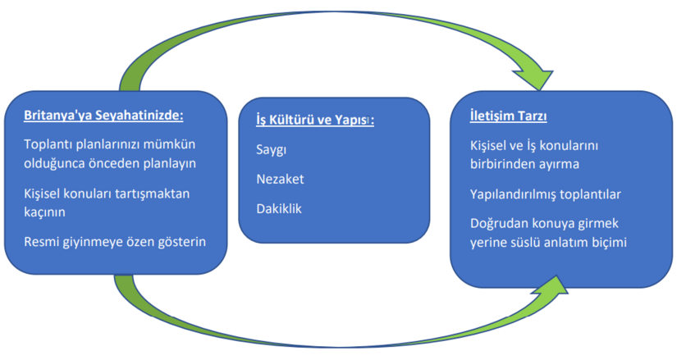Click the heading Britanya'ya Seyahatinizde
(103, 116)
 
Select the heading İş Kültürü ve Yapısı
(315, 120)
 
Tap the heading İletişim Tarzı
(509, 116)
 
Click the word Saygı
(272, 149)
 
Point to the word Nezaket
(280, 179)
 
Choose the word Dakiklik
(279, 208)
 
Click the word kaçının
(44, 212)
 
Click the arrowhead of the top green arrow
(535, 79)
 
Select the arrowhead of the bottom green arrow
(549, 286)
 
